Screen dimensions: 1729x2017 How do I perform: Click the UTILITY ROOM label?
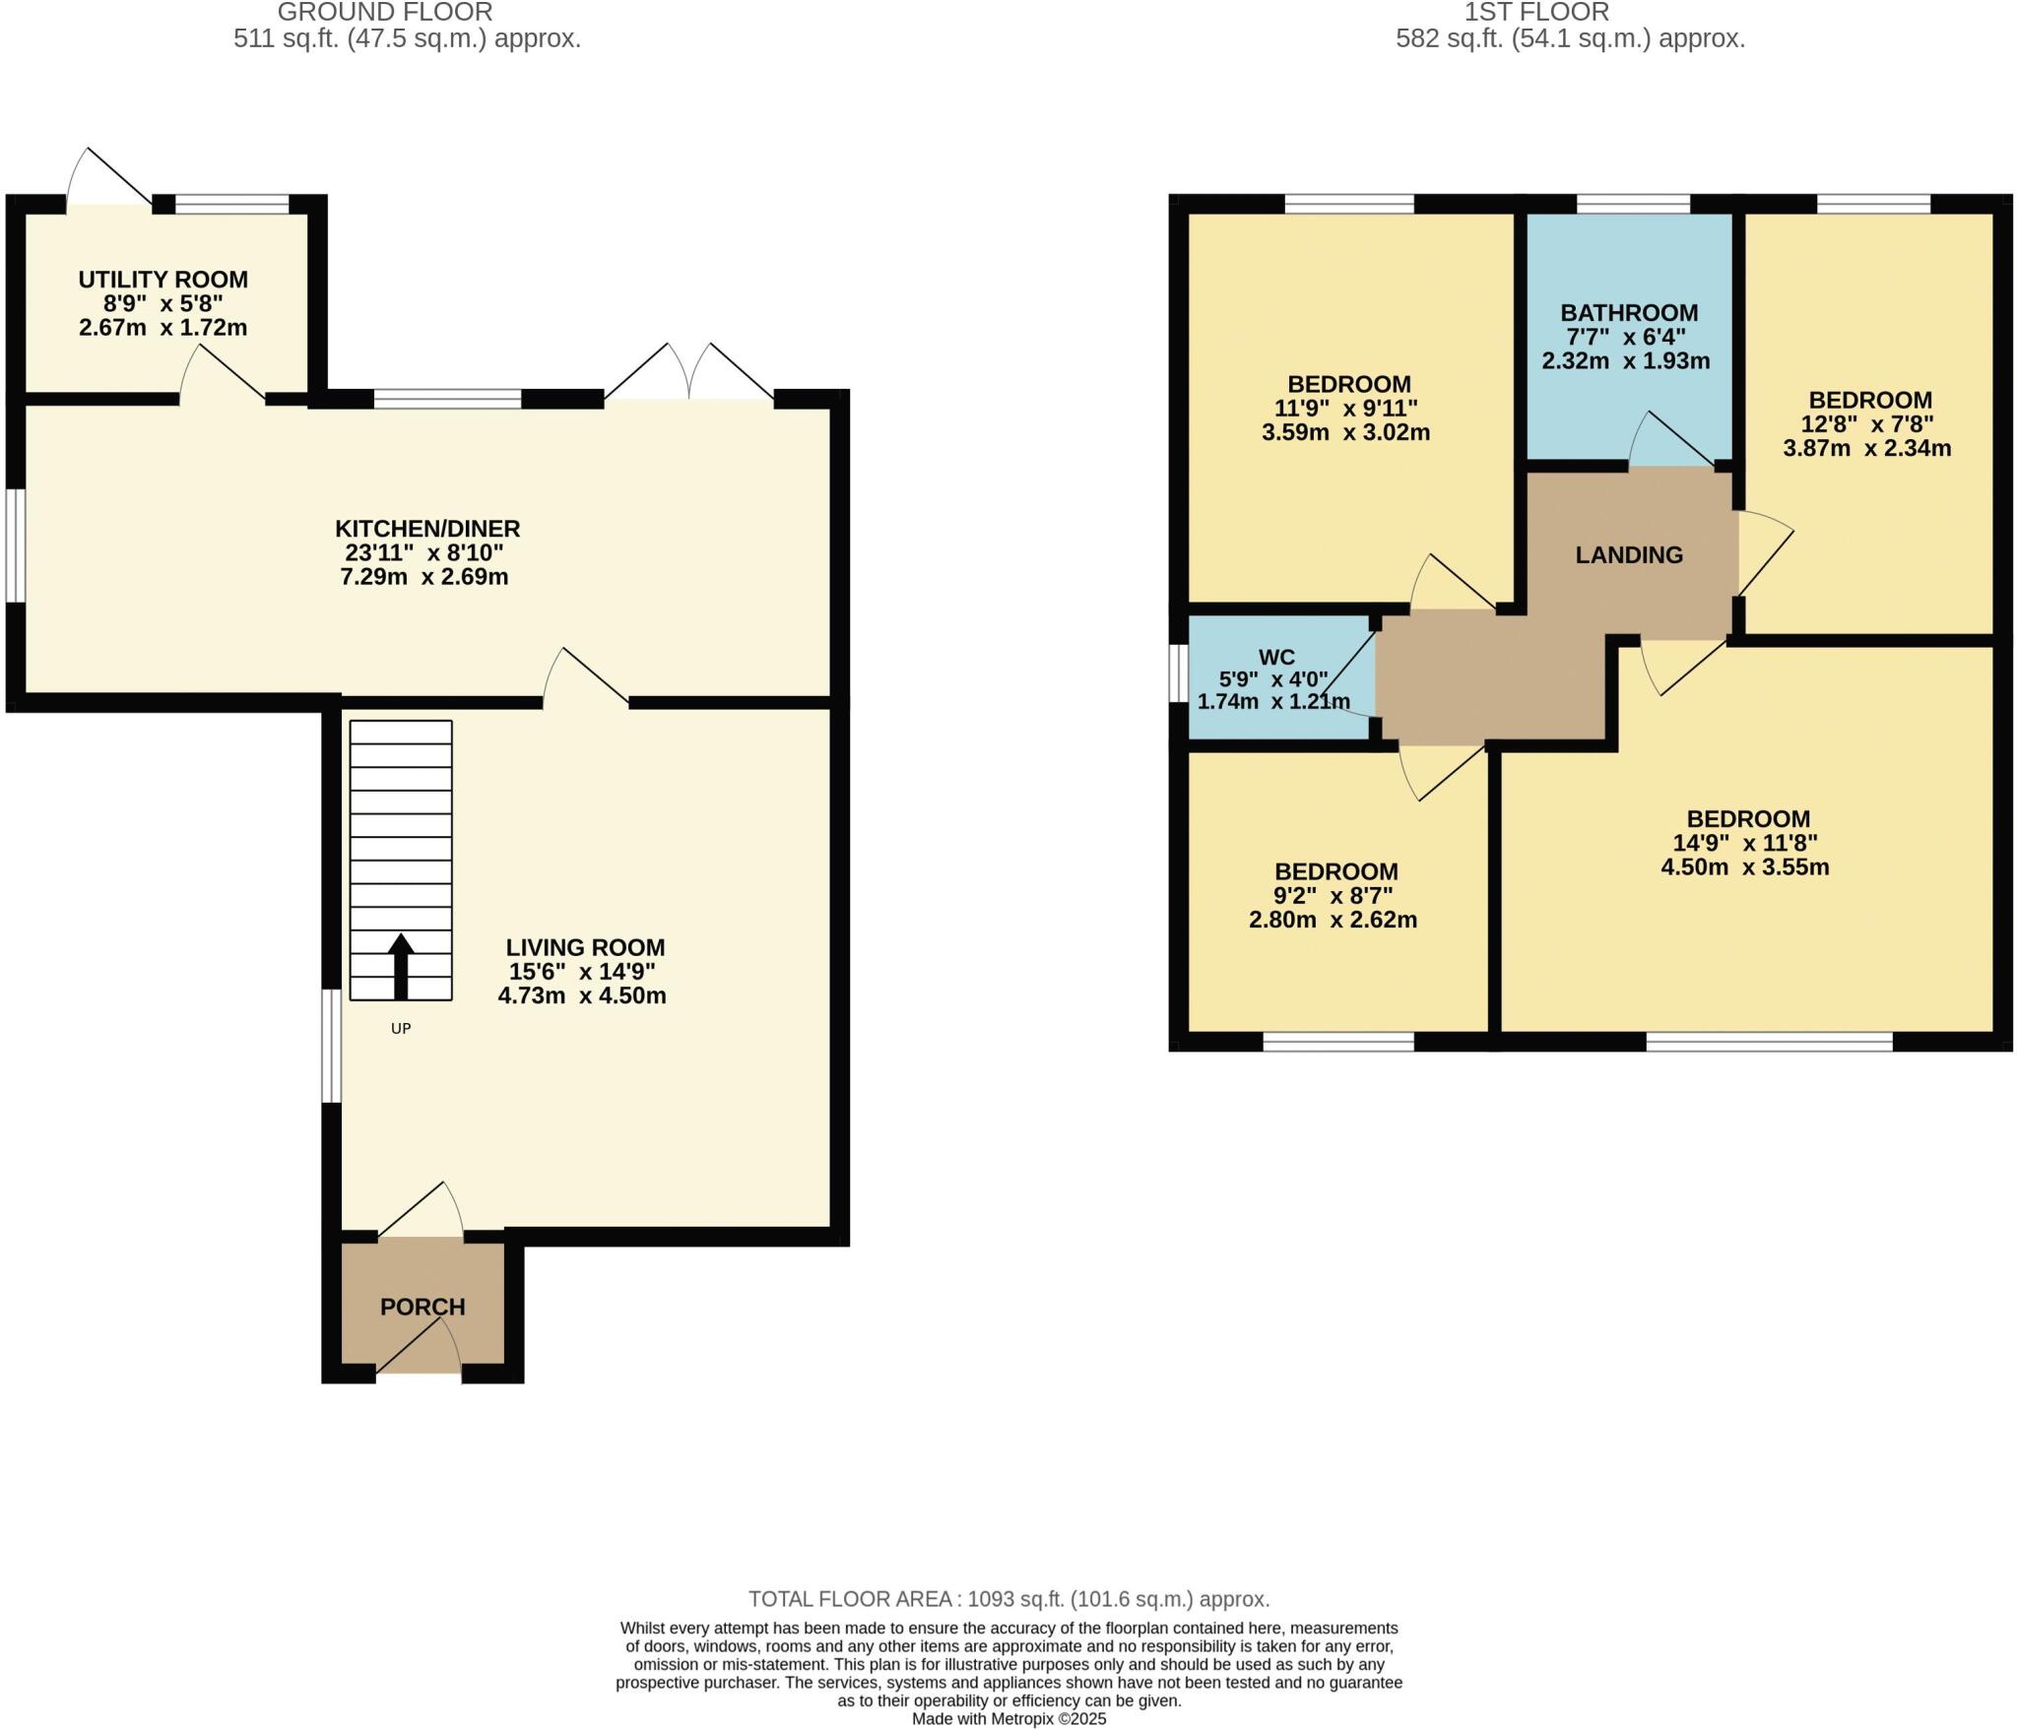163,280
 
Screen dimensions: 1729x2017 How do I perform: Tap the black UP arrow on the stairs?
400,966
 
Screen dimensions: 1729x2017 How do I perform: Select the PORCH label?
422,1307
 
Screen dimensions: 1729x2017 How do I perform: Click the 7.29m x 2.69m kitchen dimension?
423,577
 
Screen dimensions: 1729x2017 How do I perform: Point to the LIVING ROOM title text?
585,947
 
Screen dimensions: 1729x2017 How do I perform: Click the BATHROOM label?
1629,313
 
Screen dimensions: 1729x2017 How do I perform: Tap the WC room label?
1276,657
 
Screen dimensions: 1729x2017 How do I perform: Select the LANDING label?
1629,555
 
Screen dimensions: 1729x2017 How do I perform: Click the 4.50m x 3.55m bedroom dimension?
1744,867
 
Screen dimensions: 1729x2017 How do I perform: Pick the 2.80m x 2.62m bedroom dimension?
1333,921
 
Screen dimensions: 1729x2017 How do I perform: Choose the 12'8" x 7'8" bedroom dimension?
1867,424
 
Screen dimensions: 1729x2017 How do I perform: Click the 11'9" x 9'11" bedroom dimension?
1346,408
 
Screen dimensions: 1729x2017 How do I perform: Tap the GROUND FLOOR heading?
385,12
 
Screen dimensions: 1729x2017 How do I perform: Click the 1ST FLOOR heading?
1536,12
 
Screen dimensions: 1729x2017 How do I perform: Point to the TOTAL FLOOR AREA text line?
1008,1599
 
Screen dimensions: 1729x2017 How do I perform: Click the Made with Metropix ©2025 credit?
1008,1719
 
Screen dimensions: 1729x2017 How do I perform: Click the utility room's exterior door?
108,182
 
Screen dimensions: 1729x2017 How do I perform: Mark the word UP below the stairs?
400,1028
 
